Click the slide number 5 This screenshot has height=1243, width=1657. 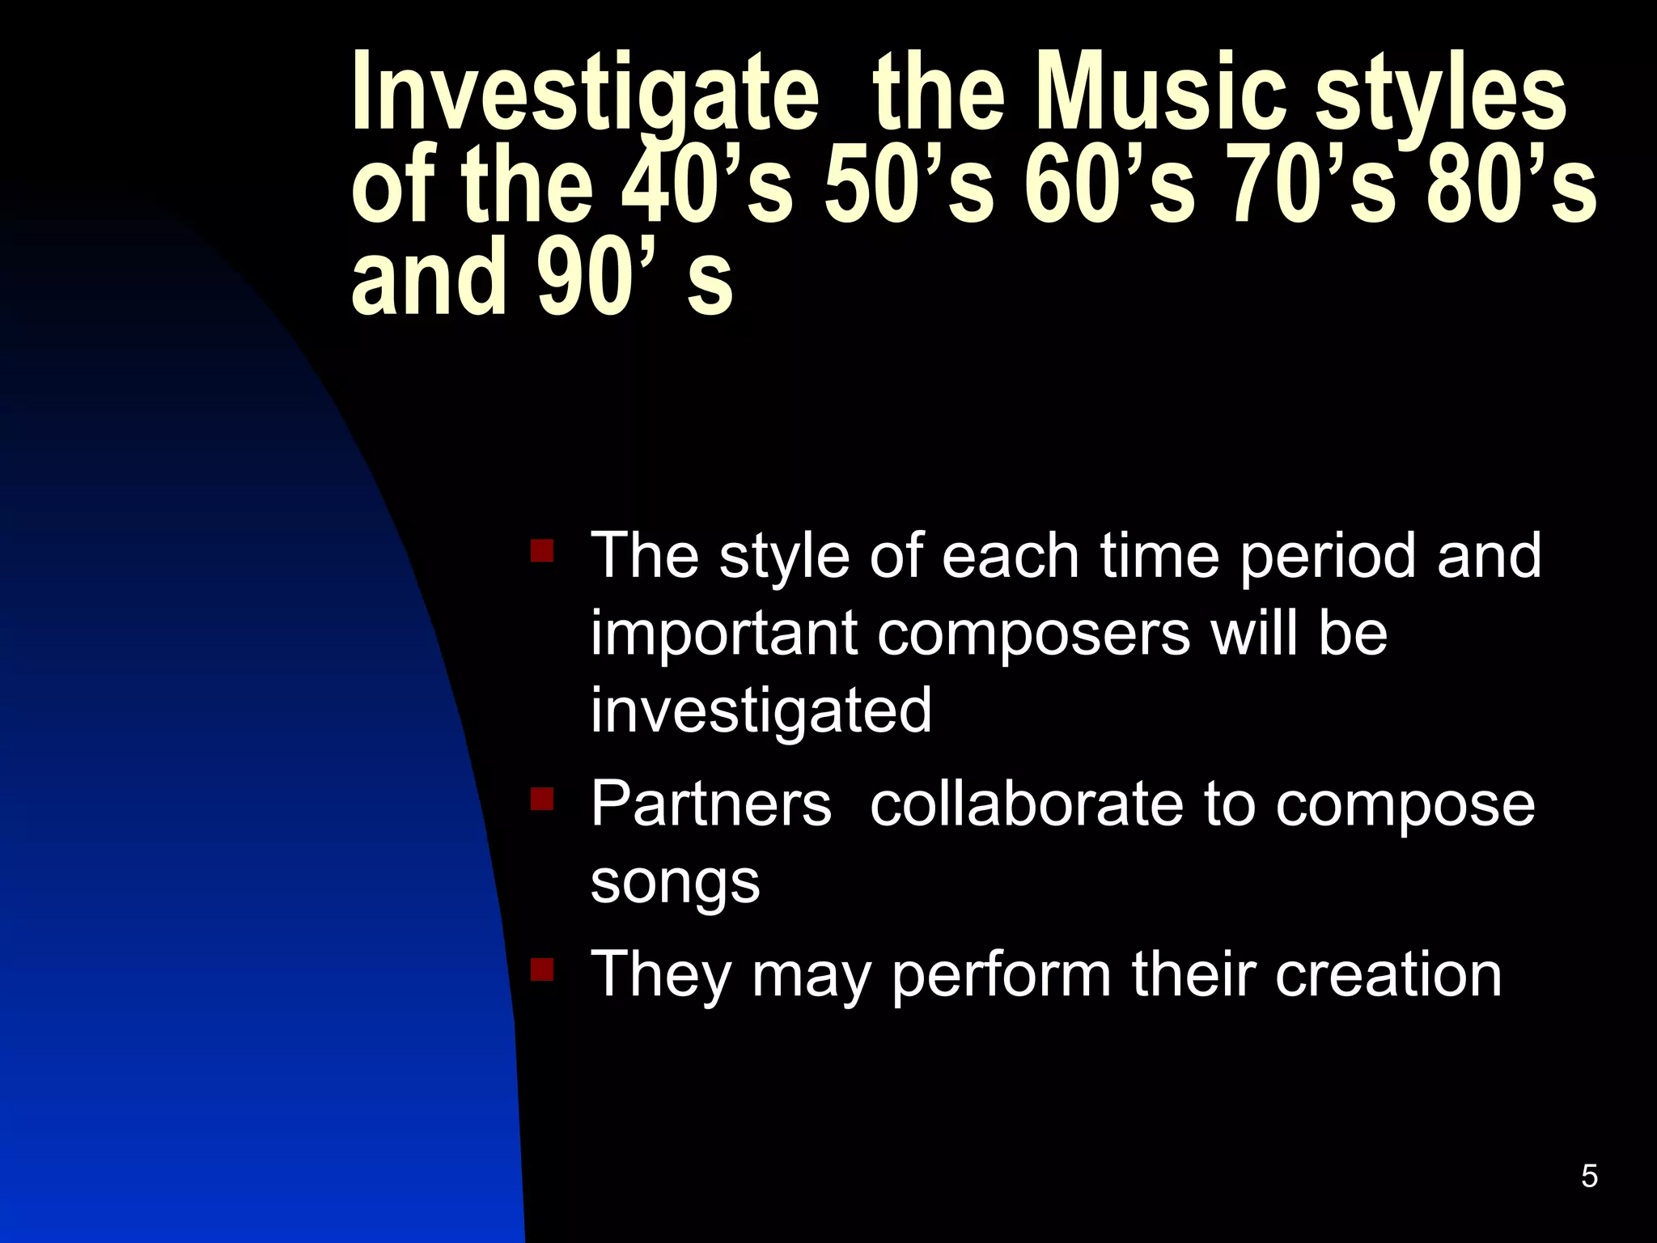click(x=1589, y=1176)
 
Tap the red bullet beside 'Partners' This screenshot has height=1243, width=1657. click(x=541, y=800)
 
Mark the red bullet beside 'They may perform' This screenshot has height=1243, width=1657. click(x=541, y=969)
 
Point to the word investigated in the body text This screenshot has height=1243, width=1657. click(x=761, y=711)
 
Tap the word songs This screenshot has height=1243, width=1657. click(x=675, y=882)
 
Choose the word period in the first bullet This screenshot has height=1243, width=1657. click(x=1328, y=557)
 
